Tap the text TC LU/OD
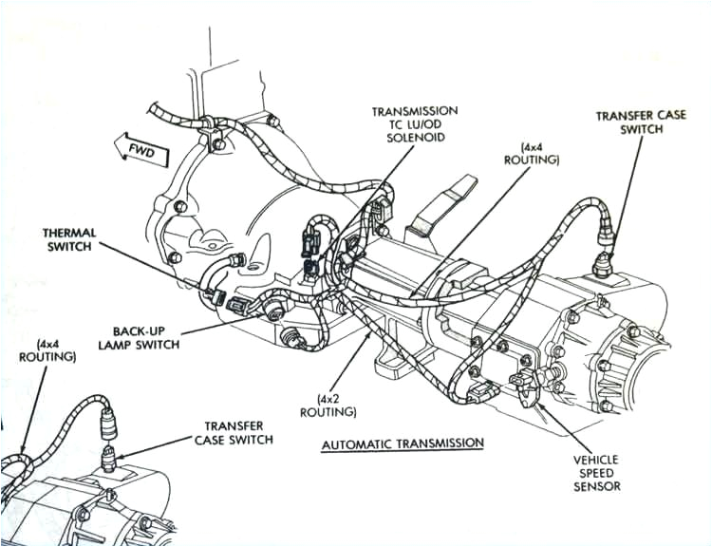click(x=415, y=125)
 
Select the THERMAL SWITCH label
click(x=67, y=239)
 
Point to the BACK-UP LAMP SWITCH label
click(x=139, y=336)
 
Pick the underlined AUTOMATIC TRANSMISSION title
click(x=403, y=443)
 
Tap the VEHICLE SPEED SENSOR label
click(x=596, y=472)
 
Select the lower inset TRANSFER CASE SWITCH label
click(x=234, y=433)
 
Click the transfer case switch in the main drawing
click(x=601, y=262)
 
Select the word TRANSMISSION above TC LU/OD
click(x=415, y=111)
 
